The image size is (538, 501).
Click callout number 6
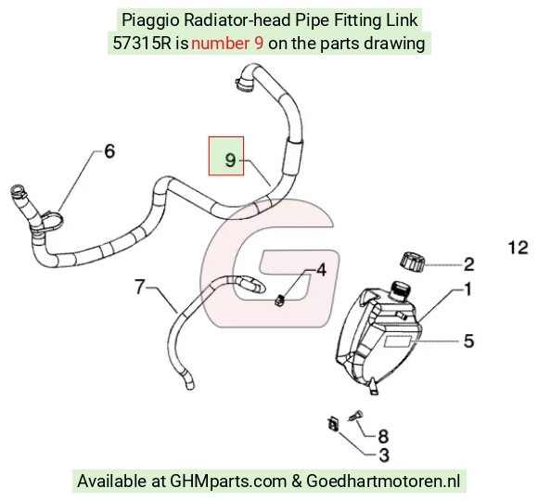pyautogui.click(x=109, y=151)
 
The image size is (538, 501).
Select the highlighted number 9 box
pyautogui.click(x=226, y=156)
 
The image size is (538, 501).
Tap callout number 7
pyautogui.click(x=139, y=287)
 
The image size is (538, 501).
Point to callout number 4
pyautogui.click(x=321, y=270)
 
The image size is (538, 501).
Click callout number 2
pyautogui.click(x=469, y=264)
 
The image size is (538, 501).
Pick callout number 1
pyautogui.click(x=468, y=289)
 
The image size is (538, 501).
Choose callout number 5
pyautogui.click(x=469, y=340)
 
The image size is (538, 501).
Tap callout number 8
pyautogui.click(x=383, y=436)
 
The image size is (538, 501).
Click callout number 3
pyautogui.click(x=384, y=456)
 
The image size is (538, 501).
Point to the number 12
pyautogui.click(x=519, y=248)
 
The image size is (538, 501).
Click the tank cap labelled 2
pyautogui.click(x=412, y=262)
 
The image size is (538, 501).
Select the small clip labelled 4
pyautogui.click(x=280, y=301)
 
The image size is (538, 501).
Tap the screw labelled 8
pyautogui.click(x=355, y=416)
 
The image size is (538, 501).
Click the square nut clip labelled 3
pyautogui.click(x=333, y=424)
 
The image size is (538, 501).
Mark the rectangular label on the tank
pyautogui.click(x=398, y=341)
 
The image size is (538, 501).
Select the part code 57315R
pyautogui.click(x=142, y=44)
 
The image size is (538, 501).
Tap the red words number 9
pyautogui.click(x=227, y=44)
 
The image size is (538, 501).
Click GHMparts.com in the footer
pyautogui.click(x=228, y=482)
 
